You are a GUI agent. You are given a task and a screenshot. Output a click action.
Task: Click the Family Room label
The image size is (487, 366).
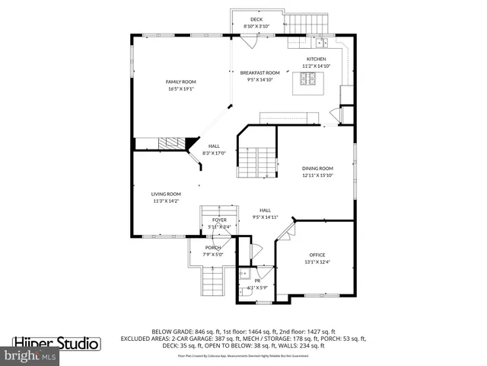[x=181, y=82]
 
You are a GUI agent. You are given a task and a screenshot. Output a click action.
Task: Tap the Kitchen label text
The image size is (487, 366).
[x=316, y=59]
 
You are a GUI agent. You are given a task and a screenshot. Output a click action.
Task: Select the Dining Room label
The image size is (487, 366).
[x=317, y=169]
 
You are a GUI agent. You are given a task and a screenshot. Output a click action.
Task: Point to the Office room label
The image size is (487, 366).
[x=317, y=255]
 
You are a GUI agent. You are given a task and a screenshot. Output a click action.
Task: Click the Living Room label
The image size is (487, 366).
[x=165, y=194]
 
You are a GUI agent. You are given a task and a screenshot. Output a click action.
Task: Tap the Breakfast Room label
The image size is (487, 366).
[x=256, y=72]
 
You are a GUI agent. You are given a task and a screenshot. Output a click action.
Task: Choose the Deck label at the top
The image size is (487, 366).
[x=256, y=19]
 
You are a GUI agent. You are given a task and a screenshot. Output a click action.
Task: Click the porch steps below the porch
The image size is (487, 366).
[x=214, y=285]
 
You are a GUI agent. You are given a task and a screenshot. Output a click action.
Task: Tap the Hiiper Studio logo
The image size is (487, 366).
[x=57, y=344]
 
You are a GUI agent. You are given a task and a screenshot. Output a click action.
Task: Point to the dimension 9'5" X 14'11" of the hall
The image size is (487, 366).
[x=265, y=217]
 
